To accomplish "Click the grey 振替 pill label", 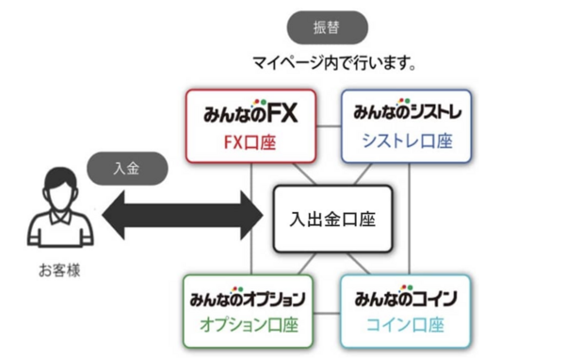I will [324, 28].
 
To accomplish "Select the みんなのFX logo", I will [250, 114].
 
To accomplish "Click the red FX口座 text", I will [250, 142].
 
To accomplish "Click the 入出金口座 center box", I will [331, 218].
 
